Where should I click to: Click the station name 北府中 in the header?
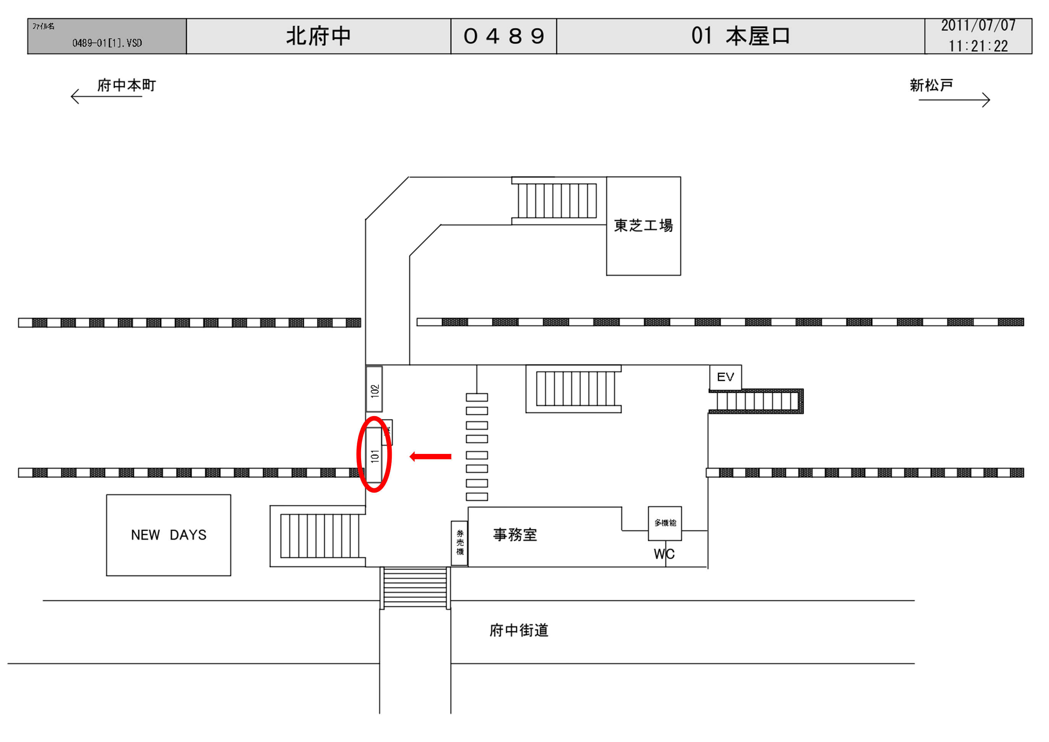coord(318,36)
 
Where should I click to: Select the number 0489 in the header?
coord(504,36)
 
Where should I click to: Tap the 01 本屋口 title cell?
coord(740,36)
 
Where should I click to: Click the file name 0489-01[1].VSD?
coord(107,43)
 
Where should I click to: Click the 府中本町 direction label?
coord(126,86)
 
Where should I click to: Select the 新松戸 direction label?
coord(931,86)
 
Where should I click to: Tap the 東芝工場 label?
coord(643,226)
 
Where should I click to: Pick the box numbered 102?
coord(375,390)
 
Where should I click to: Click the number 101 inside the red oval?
coord(375,455)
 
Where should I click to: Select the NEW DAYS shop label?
coord(169,535)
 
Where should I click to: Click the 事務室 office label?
coord(515,535)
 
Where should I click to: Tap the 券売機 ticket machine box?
coord(460,543)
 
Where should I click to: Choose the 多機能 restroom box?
coord(665,523)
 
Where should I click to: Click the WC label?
coord(664,554)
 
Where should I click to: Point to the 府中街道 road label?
coord(519,630)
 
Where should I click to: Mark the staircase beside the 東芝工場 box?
coord(557,201)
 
